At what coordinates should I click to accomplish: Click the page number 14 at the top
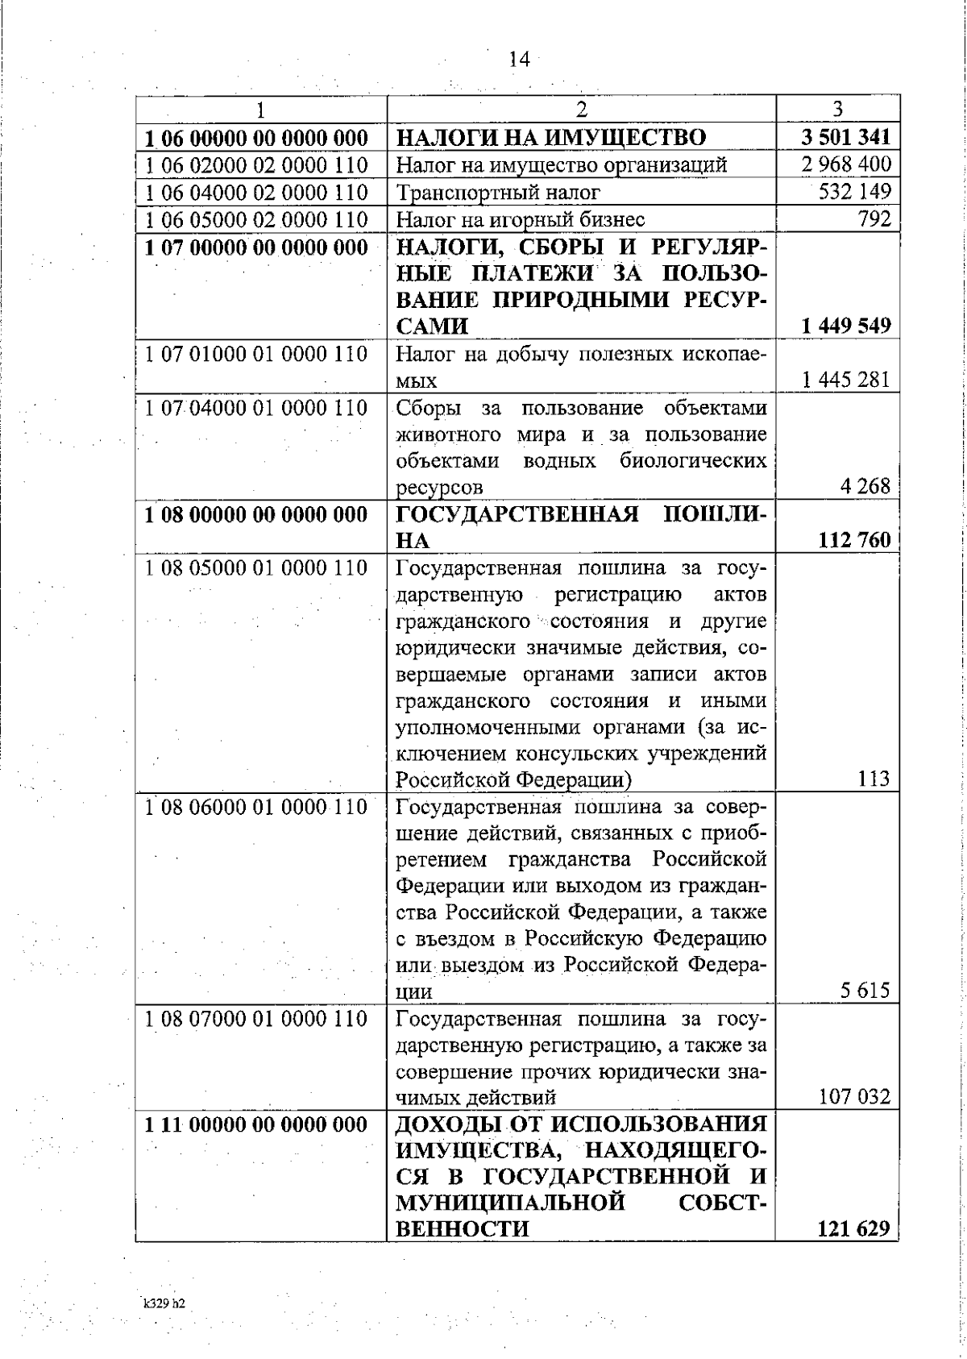pos(519,60)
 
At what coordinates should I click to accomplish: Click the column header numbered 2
pos(582,109)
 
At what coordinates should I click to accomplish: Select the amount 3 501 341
pos(845,137)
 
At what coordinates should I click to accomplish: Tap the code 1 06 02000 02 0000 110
pos(256,165)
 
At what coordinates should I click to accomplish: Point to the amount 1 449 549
pos(846,326)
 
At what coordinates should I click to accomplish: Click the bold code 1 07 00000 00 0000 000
pos(256,247)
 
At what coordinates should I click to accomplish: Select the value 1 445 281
pos(846,380)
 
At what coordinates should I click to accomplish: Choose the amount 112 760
pos(853,539)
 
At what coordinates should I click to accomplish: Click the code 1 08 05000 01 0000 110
pos(256,567)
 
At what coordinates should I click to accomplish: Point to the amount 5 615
pos(865,991)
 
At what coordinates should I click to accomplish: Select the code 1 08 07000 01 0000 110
pos(256,1019)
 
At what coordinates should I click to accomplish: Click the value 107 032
pos(854,1097)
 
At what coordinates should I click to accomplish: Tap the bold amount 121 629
pos(853,1229)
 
